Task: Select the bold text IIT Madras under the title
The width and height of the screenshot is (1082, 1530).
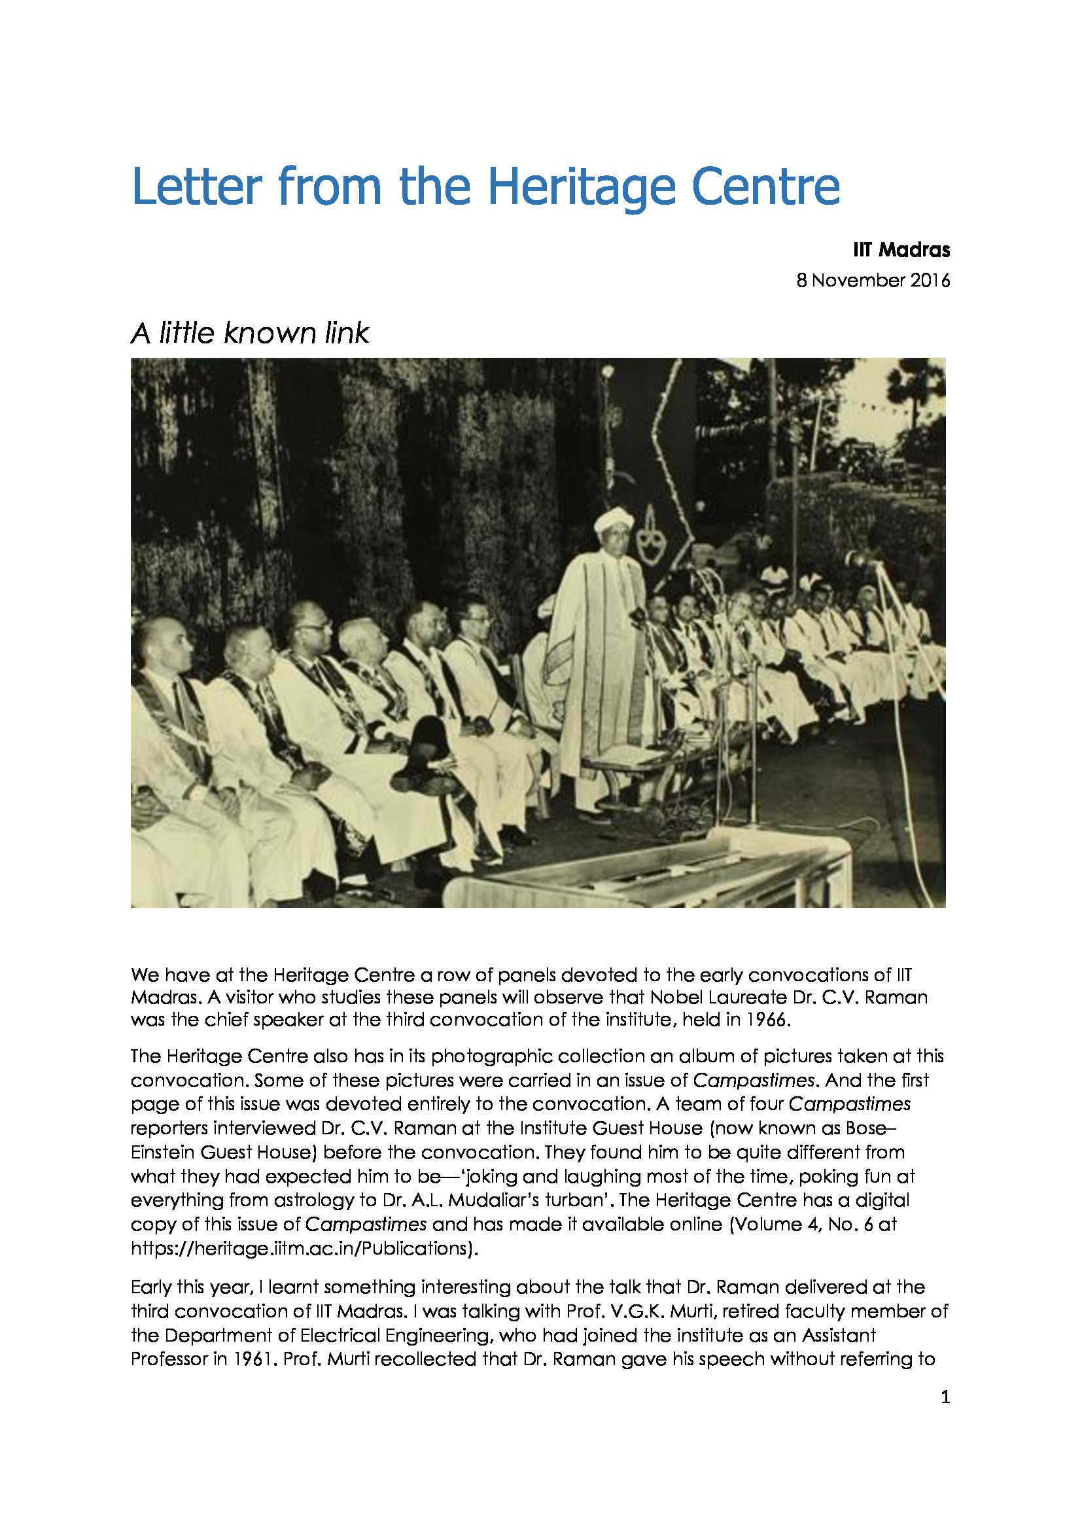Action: (901, 250)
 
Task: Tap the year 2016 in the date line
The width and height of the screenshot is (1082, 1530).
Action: (930, 280)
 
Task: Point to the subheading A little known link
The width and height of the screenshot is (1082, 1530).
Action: (249, 333)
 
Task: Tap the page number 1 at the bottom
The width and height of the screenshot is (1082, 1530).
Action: (945, 1397)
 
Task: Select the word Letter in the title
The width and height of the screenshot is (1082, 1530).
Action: (196, 186)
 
